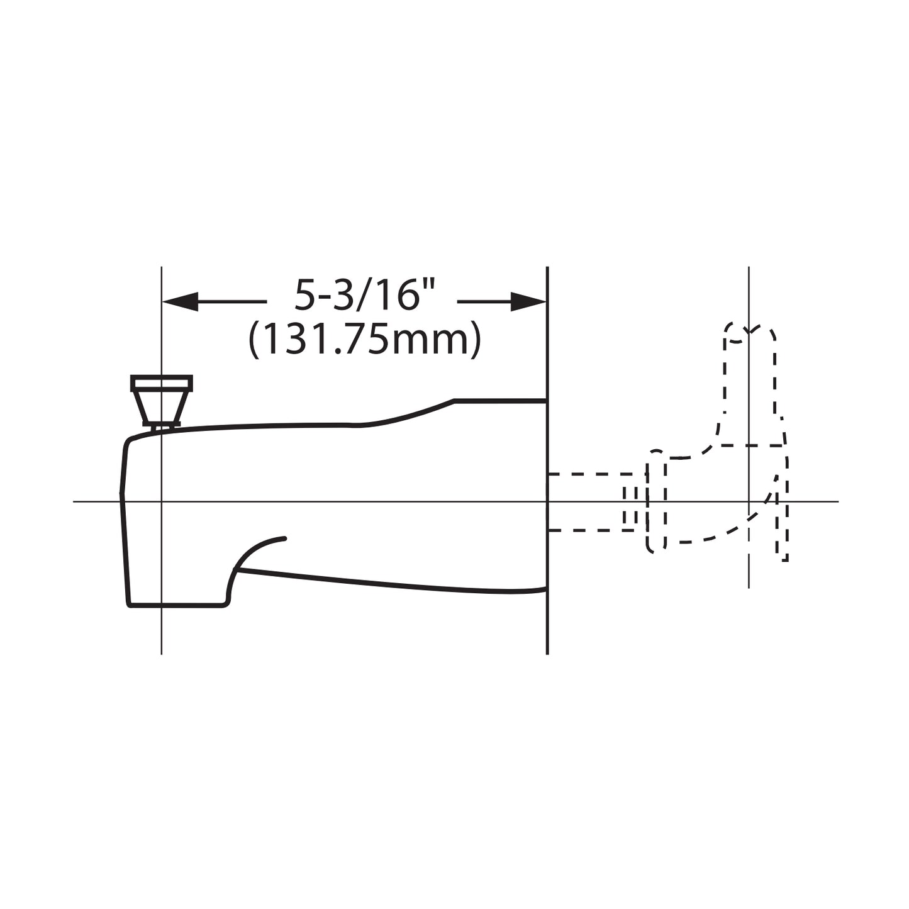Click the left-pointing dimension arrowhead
[180, 302]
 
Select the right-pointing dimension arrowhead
[528, 302]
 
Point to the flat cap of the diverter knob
[162, 383]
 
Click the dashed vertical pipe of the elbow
[749, 377]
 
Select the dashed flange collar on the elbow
[656, 501]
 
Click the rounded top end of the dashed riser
[749, 330]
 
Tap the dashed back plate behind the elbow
[782, 503]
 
